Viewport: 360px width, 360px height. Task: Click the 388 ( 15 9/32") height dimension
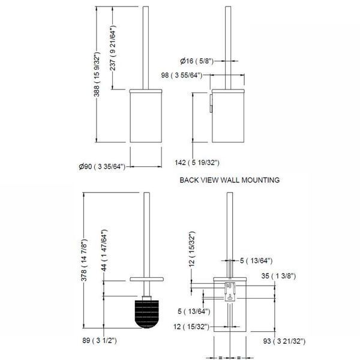pyautogui.click(x=97, y=74)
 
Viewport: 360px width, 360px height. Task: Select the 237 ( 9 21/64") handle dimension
pyautogui.click(x=113, y=48)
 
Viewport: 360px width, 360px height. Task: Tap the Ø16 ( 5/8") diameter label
pyautogui.click(x=197, y=61)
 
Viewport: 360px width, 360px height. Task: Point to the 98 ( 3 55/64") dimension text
pyautogui.click(x=182, y=75)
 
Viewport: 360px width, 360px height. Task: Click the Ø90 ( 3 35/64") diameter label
pyautogui.click(x=102, y=166)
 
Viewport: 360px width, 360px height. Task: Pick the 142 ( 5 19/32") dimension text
pyautogui.click(x=197, y=163)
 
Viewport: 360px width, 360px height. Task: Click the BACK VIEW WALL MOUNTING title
pyautogui.click(x=230, y=180)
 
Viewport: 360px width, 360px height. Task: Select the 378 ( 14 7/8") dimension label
pyautogui.click(x=84, y=260)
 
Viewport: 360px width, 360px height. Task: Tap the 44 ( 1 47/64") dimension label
pyautogui.click(x=104, y=250)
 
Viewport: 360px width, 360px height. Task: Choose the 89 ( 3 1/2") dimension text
pyautogui.click(x=100, y=340)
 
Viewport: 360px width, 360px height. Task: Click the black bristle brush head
pyautogui.click(x=147, y=314)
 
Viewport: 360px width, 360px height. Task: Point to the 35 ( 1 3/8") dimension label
pyautogui.click(x=278, y=276)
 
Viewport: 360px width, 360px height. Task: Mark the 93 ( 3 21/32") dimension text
pyautogui.click(x=284, y=341)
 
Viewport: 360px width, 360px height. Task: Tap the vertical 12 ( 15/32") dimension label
pyautogui.click(x=192, y=249)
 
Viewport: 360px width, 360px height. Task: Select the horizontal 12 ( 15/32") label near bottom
pyautogui.click(x=191, y=326)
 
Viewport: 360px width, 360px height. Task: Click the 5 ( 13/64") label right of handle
pyautogui.click(x=256, y=260)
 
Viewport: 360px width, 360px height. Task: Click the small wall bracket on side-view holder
pyautogui.click(x=211, y=103)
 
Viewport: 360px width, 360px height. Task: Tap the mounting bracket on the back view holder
pyautogui.click(x=230, y=291)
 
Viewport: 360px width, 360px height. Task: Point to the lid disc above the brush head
pyautogui.click(x=147, y=279)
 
